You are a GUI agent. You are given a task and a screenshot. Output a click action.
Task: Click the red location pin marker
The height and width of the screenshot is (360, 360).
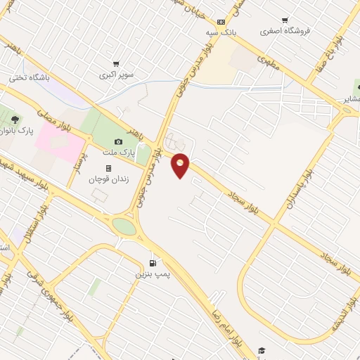point(181,165)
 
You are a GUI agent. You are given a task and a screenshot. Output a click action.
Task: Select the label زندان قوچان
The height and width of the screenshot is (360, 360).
point(106,179)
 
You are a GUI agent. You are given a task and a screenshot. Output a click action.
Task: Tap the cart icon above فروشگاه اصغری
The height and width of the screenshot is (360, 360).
point(285,21)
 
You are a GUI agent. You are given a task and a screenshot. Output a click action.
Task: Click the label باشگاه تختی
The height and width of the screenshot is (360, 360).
point(29,79)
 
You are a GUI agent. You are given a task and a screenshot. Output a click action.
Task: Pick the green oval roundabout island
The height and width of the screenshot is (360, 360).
point(124,226)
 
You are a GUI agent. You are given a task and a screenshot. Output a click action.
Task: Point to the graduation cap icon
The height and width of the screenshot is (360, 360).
point(262,349)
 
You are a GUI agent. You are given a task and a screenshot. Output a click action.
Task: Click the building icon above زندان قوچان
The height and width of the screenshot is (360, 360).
point(108,169)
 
